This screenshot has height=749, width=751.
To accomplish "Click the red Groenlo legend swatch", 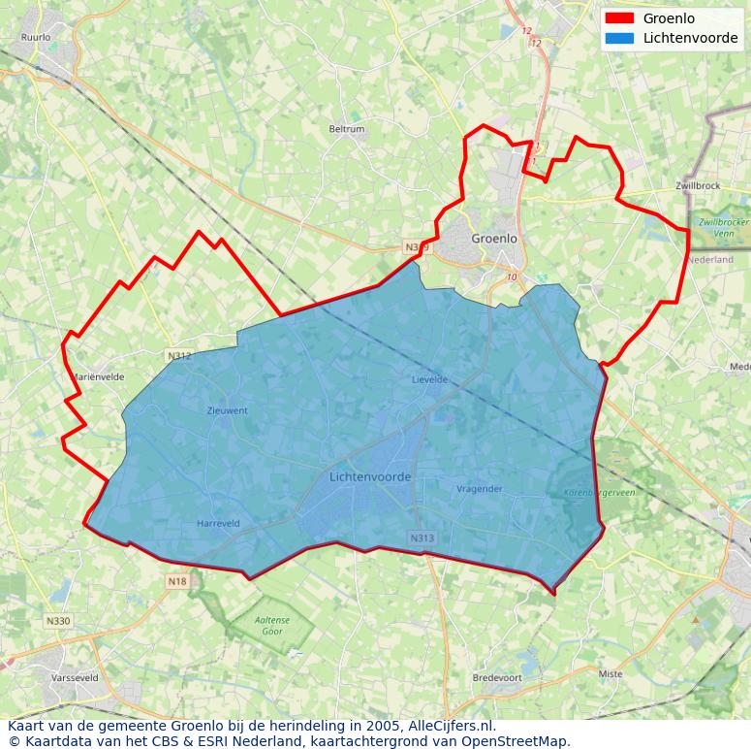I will pyautogui.click(x=618, y=18).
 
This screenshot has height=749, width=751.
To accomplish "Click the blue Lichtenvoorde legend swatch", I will pyautogui.click(x=618, y=39).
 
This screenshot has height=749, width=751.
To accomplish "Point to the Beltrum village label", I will pyautogui.click(x=347, y=129).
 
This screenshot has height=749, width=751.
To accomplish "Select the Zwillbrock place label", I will pyautogui.click(x=698, y=185).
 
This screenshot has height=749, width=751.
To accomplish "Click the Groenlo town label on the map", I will pyautogui.click(x=494, y=238).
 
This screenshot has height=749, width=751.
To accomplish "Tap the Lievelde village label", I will pyautogui.click(x=429, y=379).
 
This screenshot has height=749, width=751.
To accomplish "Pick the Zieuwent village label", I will pyautogui.click(x=228, y=410).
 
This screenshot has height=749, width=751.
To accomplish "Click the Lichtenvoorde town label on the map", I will pyautogui.click(x=370, y=477).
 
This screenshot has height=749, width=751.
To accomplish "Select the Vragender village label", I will pyautogui.click(x=480, y=489).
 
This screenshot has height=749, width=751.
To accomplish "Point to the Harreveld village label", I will pyautogui.click(x=218, y=524).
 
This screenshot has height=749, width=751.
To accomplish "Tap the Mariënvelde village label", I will pyautogui.click(x=98, y=376).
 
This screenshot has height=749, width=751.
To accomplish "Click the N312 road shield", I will pyautogui.click(x=179, y=356).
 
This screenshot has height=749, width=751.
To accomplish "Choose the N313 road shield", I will pyautogui.click(x=422, y=538).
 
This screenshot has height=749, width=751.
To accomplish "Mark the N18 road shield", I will pyautogui.click(x=177, y=581).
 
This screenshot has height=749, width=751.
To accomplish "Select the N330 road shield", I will pyautogui.click(x=58, y=621).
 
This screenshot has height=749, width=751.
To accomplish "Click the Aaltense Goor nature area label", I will pyautogui.click(x=272, y=626).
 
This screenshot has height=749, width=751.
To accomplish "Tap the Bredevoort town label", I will pyautogui.click(x=496, y=677).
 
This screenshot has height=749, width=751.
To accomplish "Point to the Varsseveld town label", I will pyautogui.click(x=75, y=678).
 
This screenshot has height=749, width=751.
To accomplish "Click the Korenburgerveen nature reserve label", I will pyautogui.click(x=600, y=493).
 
